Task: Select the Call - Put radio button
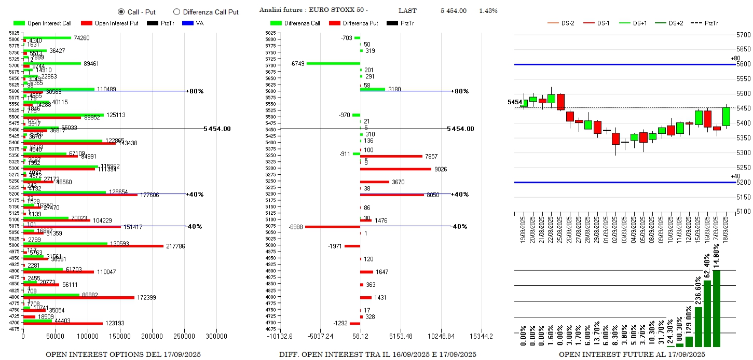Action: click(x=121, y=12)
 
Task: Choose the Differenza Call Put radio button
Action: click(x=176, y=12)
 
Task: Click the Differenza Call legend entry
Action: click(x=302, y=23)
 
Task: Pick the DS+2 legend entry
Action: click(x=675, y=23)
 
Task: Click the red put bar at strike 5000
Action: click(x=93, y=246)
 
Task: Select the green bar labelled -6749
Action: click(x=333, y=63)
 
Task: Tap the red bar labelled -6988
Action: click(x=332, y=227)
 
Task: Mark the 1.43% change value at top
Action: click(x=488, y=11)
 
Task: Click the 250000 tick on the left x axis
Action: click(x=184, y=336)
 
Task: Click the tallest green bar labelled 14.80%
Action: click(x=717, y=308)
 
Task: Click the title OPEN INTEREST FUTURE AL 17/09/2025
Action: click(x=632, y=355)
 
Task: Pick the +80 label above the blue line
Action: click(x=735, y=58)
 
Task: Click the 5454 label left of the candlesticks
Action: click(x=515, y=103)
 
